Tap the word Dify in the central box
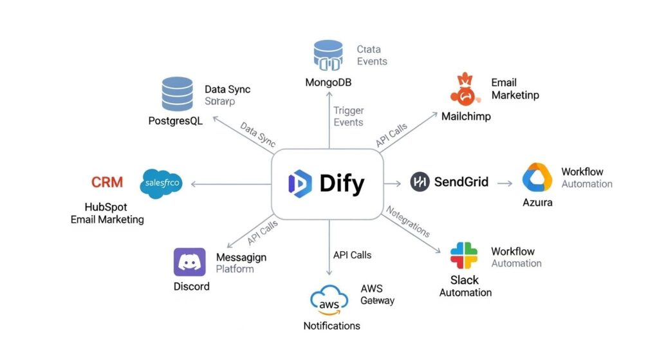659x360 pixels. tap(342, 184)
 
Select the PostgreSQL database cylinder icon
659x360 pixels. tap(177, 94)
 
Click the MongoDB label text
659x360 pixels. tap(329, 82)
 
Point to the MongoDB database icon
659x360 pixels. tap(329, 55)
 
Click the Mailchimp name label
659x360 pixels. tap(466, 117)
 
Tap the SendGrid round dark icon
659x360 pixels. tap(420, 182)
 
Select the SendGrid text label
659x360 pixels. tap(461, 182)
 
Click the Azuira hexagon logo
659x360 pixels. tap(537, 178)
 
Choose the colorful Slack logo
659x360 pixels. tap(464, 256)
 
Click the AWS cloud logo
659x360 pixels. tap(329, 300)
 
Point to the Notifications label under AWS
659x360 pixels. tap(331, 326)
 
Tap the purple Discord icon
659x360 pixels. tap(190, 262)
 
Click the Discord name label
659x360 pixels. tap(191, 286)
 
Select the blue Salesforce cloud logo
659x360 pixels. tap(160, 183)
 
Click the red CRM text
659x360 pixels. tap(107, 182)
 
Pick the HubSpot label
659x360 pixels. tap(107, 207)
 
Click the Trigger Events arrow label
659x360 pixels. tap(348, 116)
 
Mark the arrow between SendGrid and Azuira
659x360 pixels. tap(505, 183)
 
